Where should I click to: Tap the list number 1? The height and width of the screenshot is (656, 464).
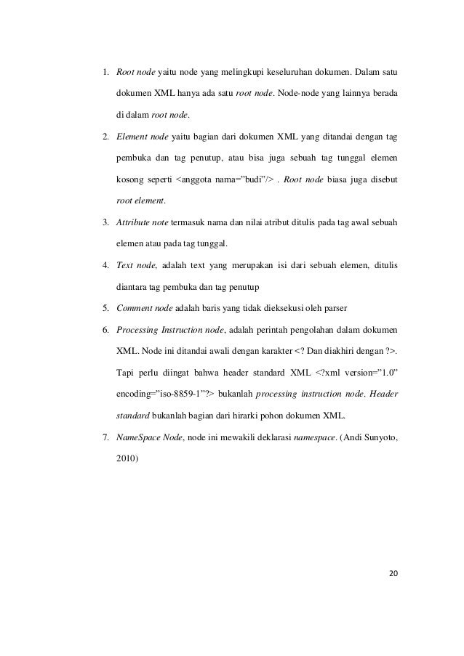[x=104, y=73]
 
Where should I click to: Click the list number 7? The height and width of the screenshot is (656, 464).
[x=104, y=438]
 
